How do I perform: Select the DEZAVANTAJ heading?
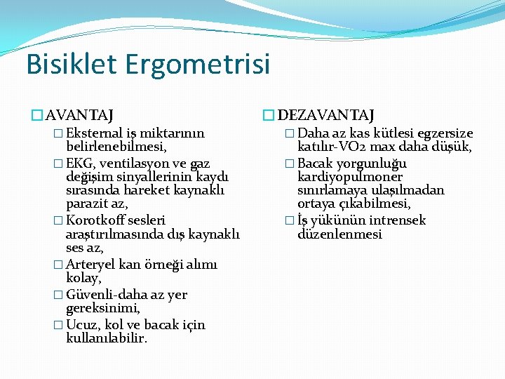tap(326, 114)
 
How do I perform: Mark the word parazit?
tap(88, 204)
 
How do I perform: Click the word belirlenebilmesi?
tap(116, 147)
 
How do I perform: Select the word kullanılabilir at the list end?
tap(107, 338)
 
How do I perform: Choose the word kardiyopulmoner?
tap(350, 177)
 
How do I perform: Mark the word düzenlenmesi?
tap(339, 234)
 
